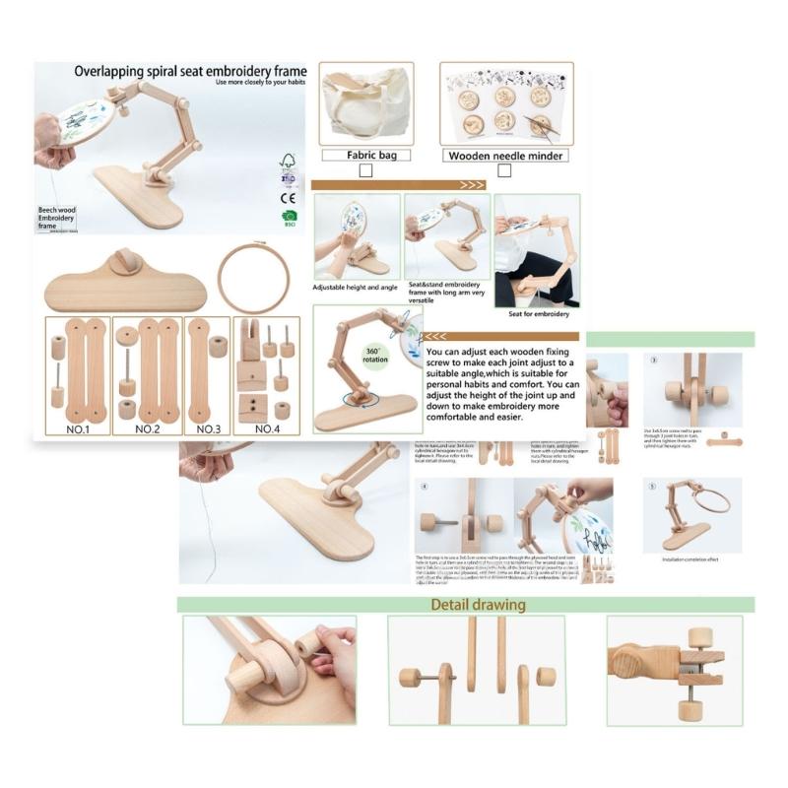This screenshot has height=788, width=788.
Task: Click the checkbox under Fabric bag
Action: [365, 170]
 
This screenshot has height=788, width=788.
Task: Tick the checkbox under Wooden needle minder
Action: [504, 170]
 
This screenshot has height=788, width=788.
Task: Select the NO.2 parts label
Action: [147, 428]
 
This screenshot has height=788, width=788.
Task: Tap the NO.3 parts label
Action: [208, 428]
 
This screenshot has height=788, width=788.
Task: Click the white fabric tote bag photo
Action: [365, 104]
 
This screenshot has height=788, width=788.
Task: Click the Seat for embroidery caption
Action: [538, 314]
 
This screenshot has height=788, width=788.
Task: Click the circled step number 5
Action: [652, 486]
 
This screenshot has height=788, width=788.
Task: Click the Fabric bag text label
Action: [365, 155]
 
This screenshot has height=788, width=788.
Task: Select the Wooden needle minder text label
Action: [505, 156]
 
